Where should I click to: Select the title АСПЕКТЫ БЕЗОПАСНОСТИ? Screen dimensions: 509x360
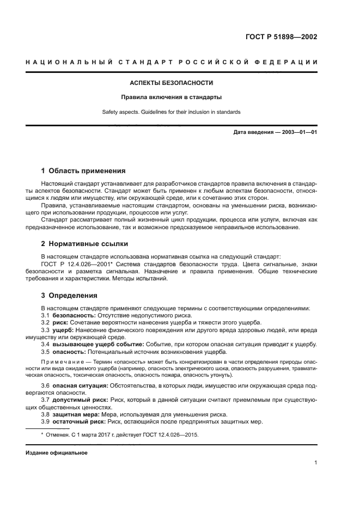point(171,83)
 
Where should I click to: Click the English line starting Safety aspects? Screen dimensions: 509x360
point(171,112)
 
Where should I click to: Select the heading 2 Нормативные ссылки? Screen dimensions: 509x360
point(85,243)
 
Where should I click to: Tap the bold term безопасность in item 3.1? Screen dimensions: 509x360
point(74,315)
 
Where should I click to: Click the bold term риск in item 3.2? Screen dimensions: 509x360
point(61,322)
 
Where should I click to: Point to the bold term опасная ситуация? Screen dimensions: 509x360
point(79,385)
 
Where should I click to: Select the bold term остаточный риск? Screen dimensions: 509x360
point(78,421)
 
